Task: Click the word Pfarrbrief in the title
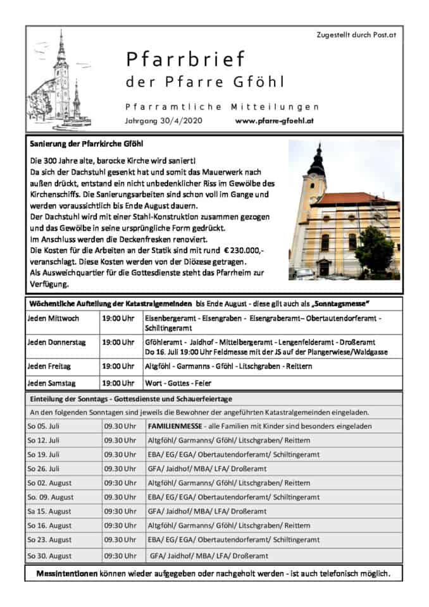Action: pyautogui.click(x=185, y=59)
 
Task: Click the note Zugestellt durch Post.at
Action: pyautogui.click(x=356, y=35)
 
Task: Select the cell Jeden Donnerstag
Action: pyautogui.click(x=57, y=342)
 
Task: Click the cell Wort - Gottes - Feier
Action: pyautogui.click(x=178, y=383)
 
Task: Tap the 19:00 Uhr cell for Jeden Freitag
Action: pyautogui.click(x=118, y=365)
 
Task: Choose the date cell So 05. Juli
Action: pyautogui.click(x=44, y=426)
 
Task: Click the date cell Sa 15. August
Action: pyautogui.click(x=49, y=511)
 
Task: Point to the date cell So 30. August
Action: pyautogui.click(x=49, y=556)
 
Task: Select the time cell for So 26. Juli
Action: pyautogui.click(x=120, y=469)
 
